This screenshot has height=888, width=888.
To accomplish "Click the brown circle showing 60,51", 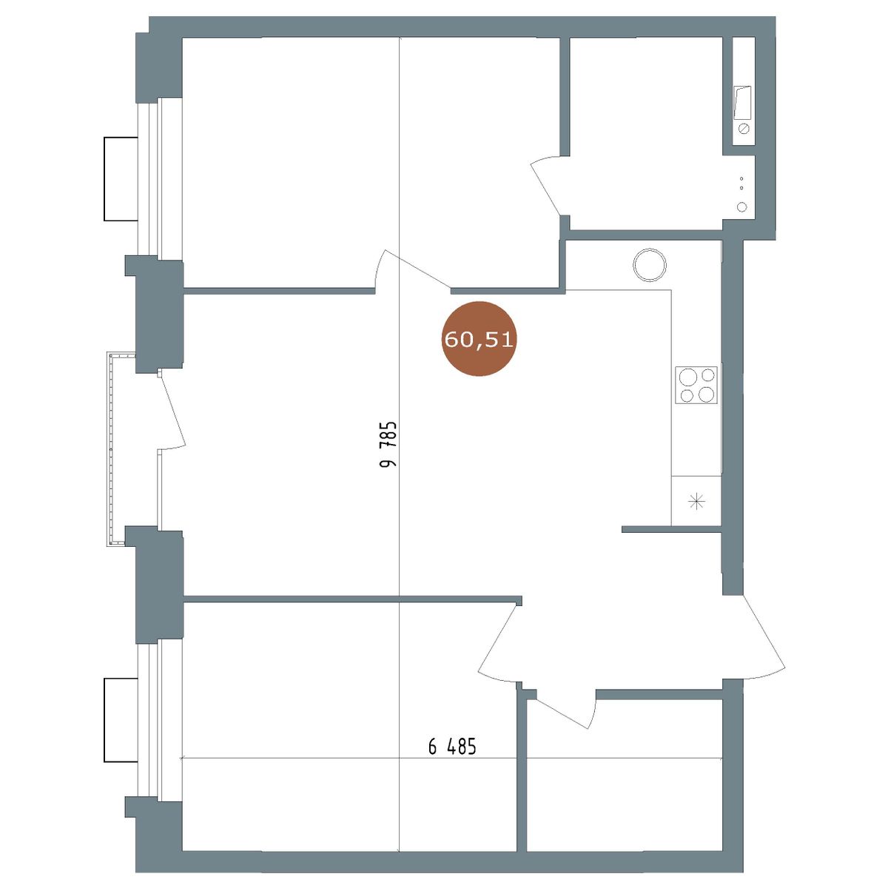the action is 478,339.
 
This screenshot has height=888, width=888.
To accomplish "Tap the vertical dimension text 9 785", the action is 388,444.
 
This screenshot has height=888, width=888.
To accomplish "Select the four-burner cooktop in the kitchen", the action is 696,385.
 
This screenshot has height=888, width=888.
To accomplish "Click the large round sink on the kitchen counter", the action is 649,265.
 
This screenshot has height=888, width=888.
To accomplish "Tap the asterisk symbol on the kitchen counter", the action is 696,500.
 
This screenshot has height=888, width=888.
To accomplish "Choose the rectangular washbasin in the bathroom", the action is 742,103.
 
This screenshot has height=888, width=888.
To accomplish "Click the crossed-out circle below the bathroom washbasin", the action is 743,129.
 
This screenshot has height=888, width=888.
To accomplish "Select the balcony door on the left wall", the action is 172,408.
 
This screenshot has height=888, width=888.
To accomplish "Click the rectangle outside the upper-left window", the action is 121,179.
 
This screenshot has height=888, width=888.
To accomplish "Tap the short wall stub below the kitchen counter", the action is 671,529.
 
